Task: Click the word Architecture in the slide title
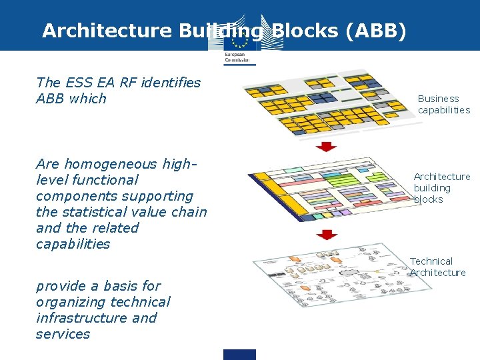106,31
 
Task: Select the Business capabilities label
443,104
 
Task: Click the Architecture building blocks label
441,188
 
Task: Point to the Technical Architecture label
437,267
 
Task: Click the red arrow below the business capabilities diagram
327,146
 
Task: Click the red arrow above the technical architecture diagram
327,235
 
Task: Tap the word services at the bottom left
63,334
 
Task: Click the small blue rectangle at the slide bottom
239,354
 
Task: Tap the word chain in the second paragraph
190,212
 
